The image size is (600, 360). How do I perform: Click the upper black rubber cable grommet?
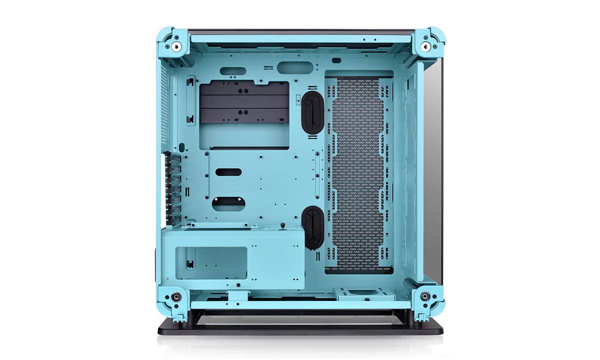click(x=312, y=113)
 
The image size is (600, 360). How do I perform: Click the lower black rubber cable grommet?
click(x=312, y=227)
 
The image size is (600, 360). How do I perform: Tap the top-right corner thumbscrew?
click(x=425, y=46)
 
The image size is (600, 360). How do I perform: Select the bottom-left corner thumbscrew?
click(x=175, y=296)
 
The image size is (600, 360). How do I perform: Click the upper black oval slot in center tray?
click(x=228, y=171)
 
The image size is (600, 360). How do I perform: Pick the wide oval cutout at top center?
click(x=294, y=68)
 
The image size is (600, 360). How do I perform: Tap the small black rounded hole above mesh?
click(x=336, y=60)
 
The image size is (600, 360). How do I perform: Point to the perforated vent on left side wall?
click(x=163, y=105)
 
